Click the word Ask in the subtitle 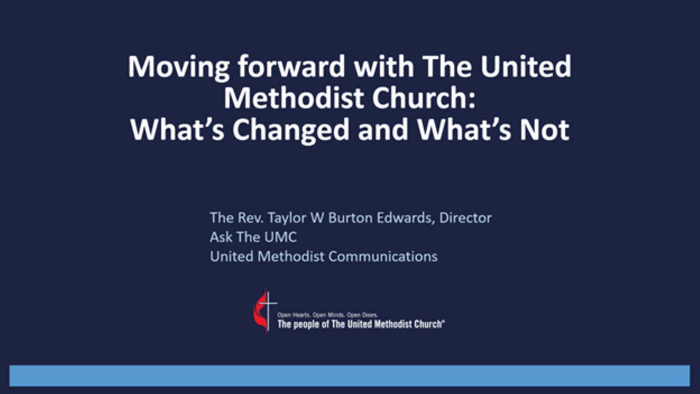click(x=219, y=237)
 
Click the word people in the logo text click(x=310, y=324)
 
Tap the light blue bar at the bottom click(x=349, y=375)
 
